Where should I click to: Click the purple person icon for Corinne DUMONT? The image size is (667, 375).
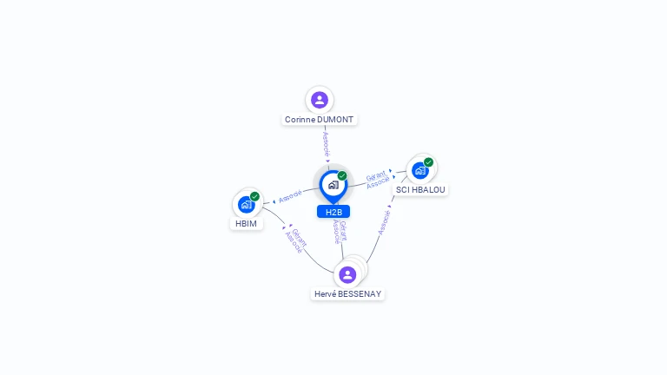320,100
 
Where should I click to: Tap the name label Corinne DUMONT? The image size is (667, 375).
320,120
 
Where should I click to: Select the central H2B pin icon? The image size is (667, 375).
333,184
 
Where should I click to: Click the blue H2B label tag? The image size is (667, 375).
333,212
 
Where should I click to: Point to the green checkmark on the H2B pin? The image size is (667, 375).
342,175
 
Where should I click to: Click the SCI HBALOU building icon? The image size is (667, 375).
420,170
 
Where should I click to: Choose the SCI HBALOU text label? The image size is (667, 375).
420,189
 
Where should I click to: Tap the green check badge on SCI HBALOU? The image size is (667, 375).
429,161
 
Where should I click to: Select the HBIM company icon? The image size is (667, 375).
246,205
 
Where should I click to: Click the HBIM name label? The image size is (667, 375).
246,224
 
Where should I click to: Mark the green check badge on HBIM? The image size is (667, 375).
254,196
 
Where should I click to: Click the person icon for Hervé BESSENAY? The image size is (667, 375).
347,274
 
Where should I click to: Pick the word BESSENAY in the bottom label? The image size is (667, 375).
360,294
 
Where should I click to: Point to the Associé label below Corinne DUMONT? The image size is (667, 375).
326,143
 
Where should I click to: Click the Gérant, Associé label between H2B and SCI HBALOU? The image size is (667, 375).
377,179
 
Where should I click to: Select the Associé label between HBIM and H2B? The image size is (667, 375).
291,196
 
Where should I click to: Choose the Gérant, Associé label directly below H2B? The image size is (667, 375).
340,232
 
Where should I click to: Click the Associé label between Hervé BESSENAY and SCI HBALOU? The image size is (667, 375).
384,220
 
